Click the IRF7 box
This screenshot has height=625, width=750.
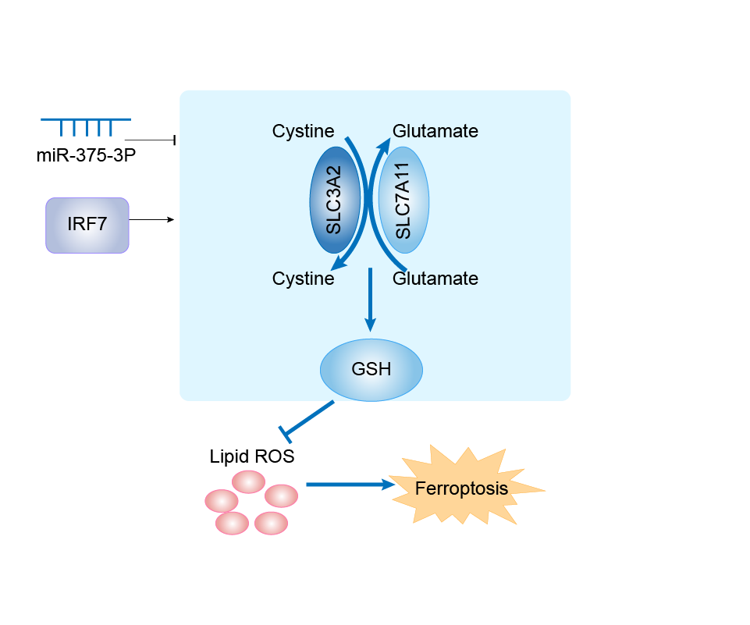tap(87, 225)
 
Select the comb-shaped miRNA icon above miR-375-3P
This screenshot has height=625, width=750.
tap(86, 125)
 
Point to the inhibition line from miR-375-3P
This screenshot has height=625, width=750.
tap(150, 140)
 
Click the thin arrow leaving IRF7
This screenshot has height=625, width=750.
tap(151, 220)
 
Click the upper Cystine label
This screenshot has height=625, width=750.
tap(303, 131)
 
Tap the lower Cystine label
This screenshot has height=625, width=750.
tap(303, 278)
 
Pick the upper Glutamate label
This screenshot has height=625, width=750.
tap(435, 131)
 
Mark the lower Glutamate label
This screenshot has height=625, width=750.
tap(435, 278)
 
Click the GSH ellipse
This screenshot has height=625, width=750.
tap(371, 369)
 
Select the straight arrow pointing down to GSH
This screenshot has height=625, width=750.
tap(371, 300)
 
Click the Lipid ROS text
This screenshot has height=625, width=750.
tap(252, 456)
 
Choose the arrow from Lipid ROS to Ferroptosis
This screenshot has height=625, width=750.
tap(347, 485)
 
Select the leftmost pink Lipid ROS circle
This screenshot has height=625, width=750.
tap(221, 499)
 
